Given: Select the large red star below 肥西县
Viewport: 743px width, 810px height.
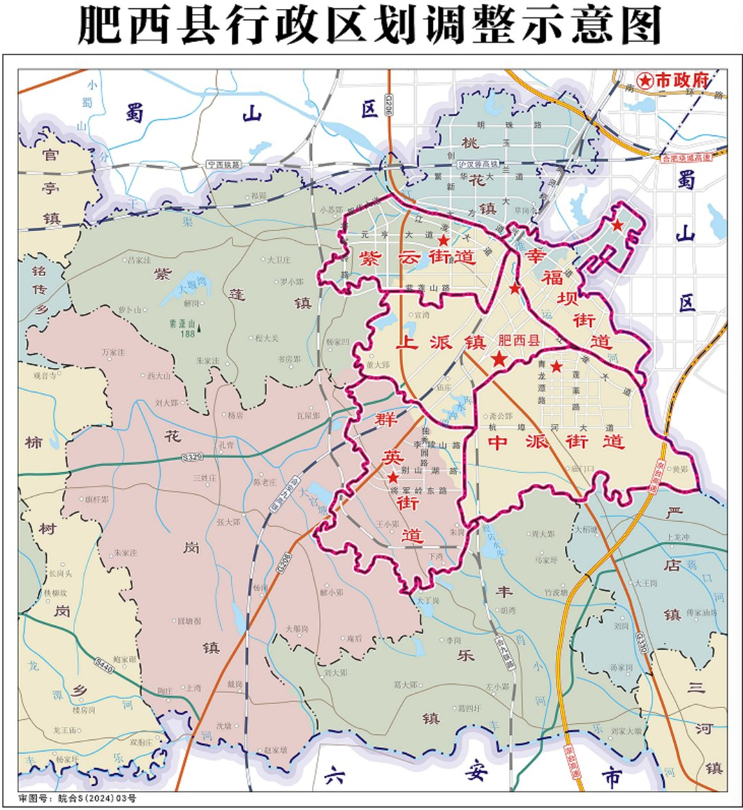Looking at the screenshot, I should coord(499,360).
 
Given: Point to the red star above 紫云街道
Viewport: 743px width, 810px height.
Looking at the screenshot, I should coord(443,240).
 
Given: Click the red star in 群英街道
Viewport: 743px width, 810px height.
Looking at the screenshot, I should coord(394,478).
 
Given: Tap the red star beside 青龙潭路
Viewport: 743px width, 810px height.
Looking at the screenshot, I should coord(556,366).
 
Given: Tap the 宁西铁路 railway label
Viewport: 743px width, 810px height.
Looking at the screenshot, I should coord(223,165).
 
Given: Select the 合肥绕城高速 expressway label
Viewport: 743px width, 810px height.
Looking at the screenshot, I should coord(686,159).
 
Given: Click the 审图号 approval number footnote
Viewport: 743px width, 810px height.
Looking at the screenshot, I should coord(78,797).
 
